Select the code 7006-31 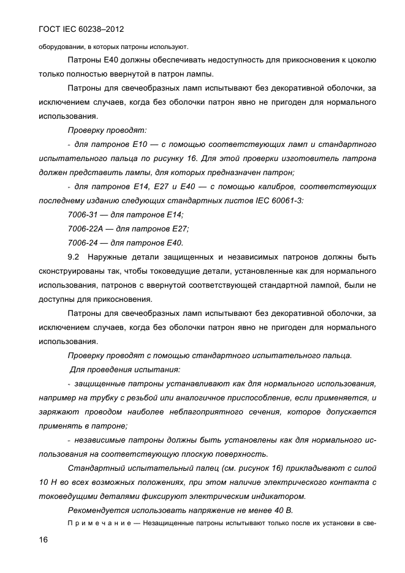pos(84,214)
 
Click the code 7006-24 pos(84,242)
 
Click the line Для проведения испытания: pos(124,369)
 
